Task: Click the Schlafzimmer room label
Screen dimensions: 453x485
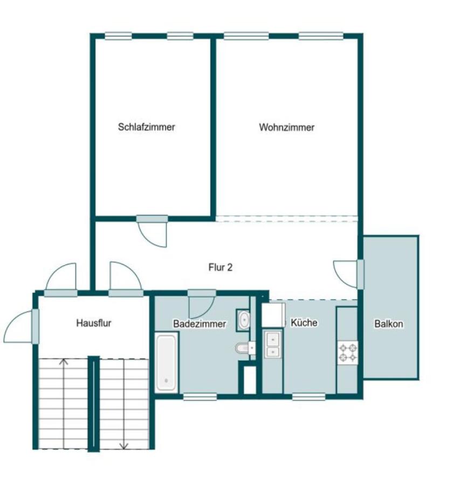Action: point(147,127)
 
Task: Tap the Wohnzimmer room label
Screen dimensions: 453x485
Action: point(287,127)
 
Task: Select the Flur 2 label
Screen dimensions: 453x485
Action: point(221,267)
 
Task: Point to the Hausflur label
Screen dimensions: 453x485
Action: point(93,323)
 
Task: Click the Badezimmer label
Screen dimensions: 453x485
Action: point(200,324)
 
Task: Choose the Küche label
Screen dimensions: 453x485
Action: point(304,323)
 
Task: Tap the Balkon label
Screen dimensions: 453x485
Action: point(389,324)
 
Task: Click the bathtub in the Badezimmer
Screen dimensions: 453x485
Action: point(166,363)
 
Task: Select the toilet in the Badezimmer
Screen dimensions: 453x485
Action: point(245,348)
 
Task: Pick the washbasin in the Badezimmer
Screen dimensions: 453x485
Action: point(244,320)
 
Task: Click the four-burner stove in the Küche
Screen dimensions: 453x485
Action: point(348,352)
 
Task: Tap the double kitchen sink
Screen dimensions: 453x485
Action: point(272,344)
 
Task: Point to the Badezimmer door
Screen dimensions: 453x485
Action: point(201,303)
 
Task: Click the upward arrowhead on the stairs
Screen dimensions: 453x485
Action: point(64,361)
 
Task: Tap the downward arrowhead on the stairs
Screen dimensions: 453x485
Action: point(124,446)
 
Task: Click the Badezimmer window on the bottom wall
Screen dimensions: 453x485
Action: point(200,397)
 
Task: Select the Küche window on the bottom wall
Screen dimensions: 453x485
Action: point(308,397)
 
